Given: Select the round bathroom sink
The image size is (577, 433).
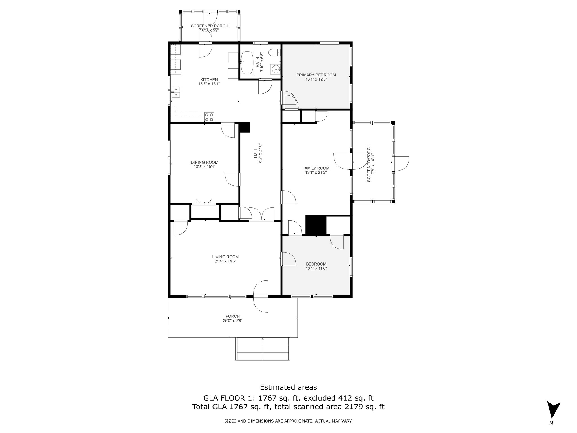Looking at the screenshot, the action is [275, 69].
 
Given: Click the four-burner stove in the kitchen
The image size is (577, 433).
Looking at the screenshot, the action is [209, 117].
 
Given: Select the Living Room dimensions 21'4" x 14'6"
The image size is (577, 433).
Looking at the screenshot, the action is [225, 261].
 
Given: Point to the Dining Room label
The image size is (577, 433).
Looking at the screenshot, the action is [205, 162].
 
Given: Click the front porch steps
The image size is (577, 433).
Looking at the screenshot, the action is [263, 349].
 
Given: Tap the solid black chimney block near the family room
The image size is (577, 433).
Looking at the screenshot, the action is [316, 225].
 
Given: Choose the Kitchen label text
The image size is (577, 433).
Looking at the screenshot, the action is [209, 80].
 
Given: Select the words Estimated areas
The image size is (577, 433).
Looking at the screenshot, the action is [288, 387].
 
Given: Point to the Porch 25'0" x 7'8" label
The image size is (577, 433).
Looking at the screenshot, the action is [233, 318].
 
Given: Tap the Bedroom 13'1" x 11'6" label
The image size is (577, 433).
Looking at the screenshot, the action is [316, 266].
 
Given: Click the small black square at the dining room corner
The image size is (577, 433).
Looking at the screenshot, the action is [244, 127].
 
